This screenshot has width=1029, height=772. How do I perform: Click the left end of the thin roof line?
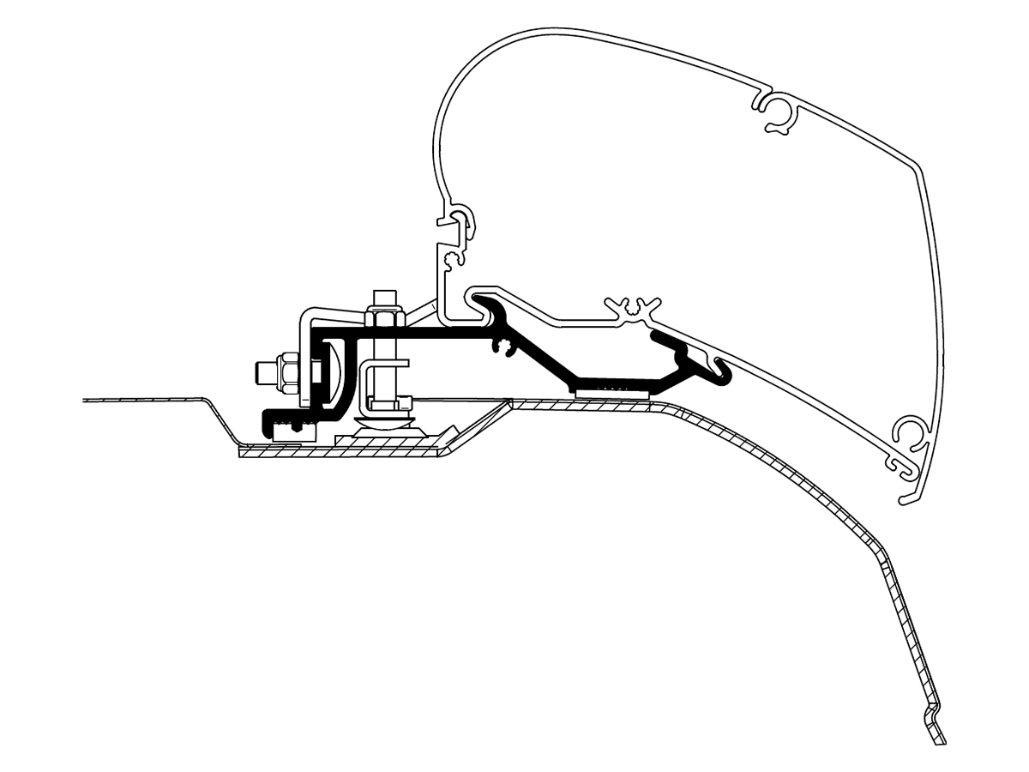coord(84,400)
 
